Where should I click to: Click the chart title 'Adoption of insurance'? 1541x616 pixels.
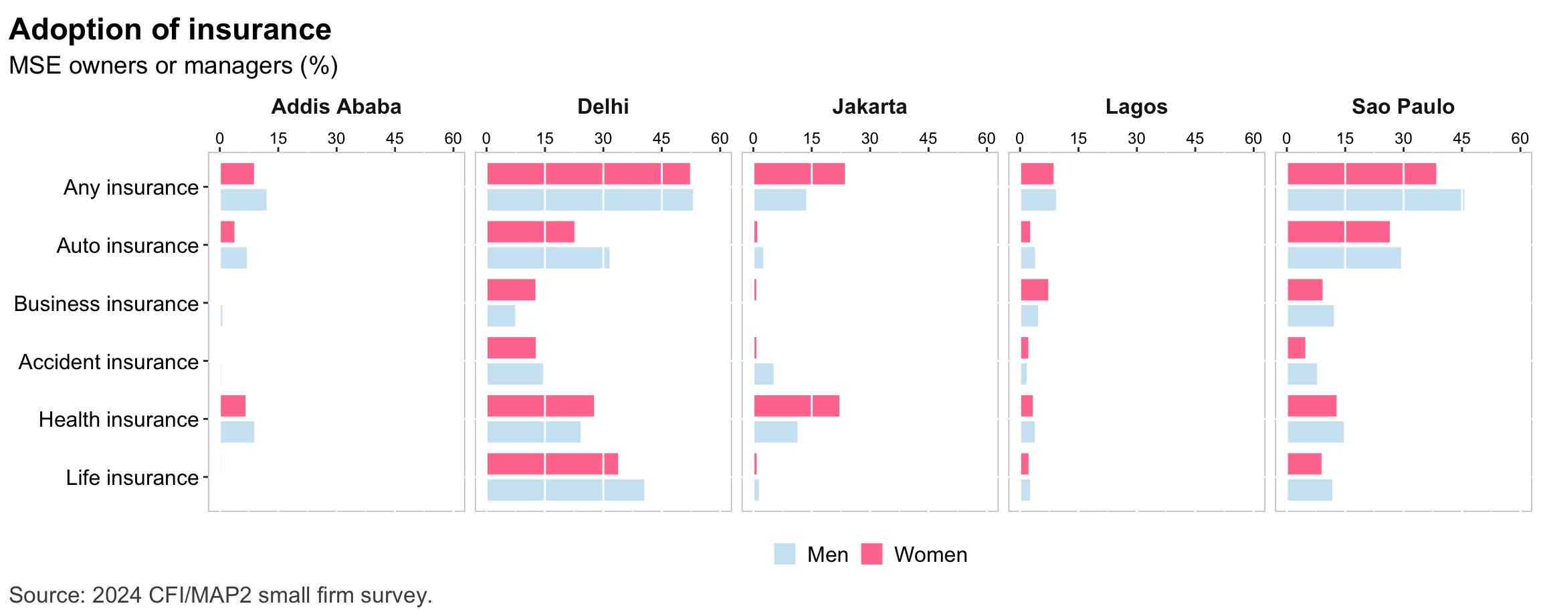click(x=170, y=29)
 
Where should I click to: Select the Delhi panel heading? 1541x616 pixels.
click(x=603, y=106)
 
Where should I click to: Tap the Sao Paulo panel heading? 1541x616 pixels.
click(x=1403, y=106)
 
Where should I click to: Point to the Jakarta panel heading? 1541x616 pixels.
click(x=869, y=106)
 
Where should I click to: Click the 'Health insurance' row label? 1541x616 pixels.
click(x=118, y=419)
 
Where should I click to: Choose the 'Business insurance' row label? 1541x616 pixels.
click(x=106, y=304)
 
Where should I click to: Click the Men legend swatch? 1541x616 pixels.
click(x=785, y=554)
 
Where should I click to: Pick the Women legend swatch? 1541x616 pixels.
click(x=871, y=554)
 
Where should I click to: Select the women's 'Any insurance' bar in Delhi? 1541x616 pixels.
click(x=589, y=174)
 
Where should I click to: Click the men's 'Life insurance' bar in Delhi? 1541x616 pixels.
click(x=566, y=490)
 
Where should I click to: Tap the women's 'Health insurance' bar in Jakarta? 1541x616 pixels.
click(x=797, y=406)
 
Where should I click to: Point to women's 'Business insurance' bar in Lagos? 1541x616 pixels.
click(x=1034, y=290)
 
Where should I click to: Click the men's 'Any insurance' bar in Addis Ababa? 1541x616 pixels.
click(x=243, y=200)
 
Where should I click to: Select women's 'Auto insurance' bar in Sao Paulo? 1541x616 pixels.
click(x=1338, y=231)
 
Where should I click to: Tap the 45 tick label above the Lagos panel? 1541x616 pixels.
click(x=1195, y=138)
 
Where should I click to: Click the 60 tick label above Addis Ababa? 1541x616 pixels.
click(x=453, y=138)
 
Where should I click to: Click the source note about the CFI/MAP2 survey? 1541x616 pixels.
click(x=221, y=595)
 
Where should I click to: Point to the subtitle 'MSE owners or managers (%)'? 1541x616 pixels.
click(x=173, y=66)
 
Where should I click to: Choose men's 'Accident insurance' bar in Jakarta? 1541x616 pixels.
click(x=764, y=374)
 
